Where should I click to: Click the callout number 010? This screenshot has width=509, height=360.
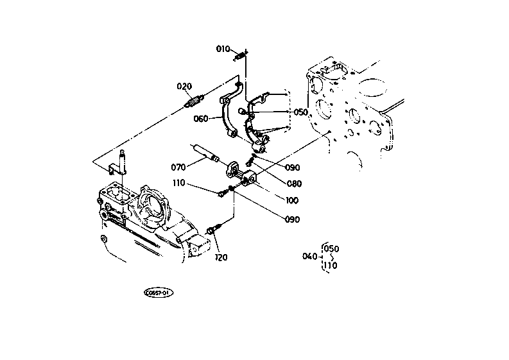point(222,49)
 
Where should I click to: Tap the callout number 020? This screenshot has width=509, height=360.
point(184,87)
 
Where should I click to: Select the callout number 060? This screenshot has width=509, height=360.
point(201,118)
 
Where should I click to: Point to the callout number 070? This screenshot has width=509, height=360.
point(178,167)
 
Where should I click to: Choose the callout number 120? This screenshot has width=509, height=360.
point(221,257)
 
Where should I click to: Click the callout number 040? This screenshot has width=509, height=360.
point(309,257)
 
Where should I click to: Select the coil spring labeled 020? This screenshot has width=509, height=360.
point(194,101)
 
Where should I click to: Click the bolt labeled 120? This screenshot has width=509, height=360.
point(214,230)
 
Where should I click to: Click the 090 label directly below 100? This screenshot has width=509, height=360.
point(291,219)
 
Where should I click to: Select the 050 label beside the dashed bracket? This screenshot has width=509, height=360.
point(301,112)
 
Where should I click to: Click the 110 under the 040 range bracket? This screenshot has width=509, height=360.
point(331,265)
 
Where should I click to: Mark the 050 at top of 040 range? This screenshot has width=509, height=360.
point(331,248)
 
